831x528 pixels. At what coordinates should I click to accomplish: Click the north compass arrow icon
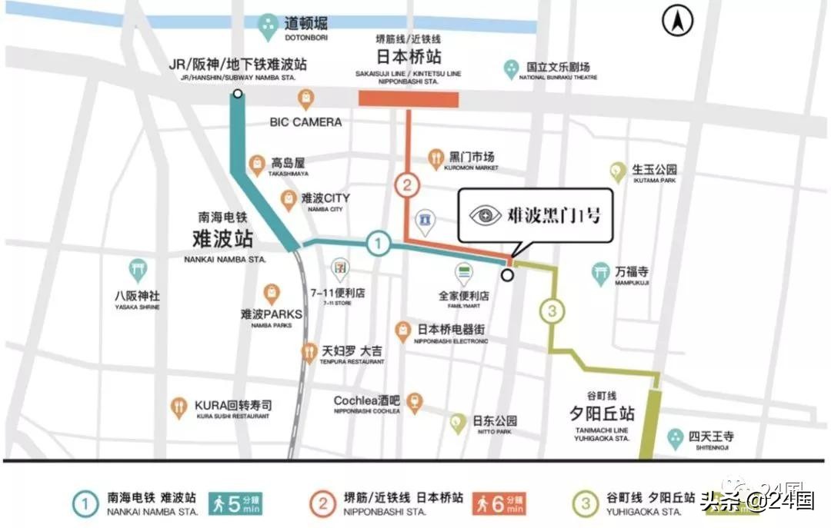click(678, 22)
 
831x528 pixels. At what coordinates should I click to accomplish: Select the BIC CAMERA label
click(305, 121)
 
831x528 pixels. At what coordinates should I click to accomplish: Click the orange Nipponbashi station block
click(409, 99)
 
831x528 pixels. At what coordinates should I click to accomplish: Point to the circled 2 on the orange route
click(408, 185)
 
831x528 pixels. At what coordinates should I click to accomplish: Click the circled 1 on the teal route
click(377, 244)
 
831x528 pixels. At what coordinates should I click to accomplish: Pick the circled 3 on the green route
click(552, 311)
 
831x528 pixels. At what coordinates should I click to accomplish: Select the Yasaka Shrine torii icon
click(138, 269)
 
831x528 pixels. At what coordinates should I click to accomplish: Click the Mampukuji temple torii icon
click(600, 274)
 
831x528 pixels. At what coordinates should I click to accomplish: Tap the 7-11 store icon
click(339, 270)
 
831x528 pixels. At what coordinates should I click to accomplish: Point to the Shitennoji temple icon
click(676, 437)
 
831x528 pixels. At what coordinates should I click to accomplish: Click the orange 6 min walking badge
click(500, 503)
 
